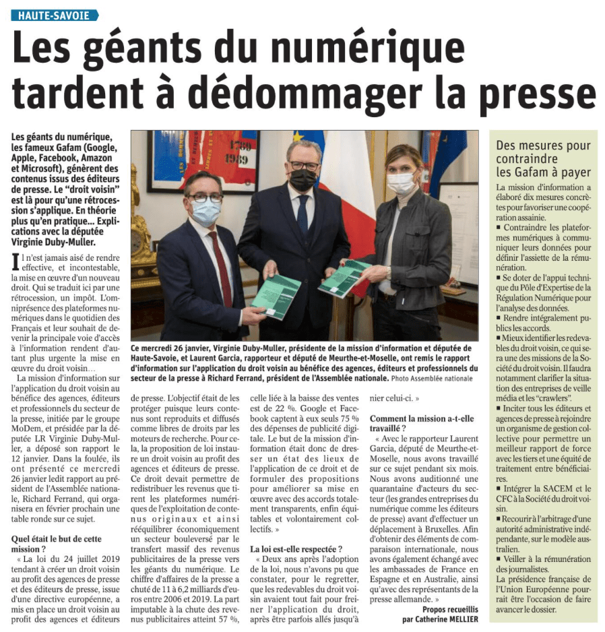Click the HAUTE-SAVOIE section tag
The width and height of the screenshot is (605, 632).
(x=55, y=15)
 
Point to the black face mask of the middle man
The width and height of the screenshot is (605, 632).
(x=302, y=179)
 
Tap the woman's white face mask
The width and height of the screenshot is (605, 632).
(x=400, y=183)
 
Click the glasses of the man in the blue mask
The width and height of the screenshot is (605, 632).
(x=205, y=198)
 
